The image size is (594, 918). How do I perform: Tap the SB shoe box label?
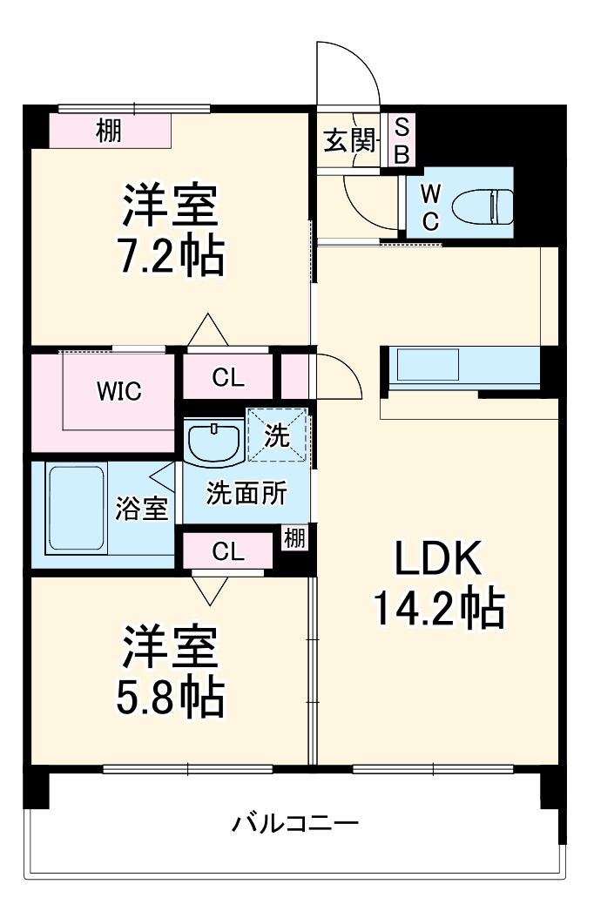coord(402,140)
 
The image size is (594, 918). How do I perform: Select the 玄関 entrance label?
coord(349,140)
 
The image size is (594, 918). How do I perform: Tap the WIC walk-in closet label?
coord(118,391)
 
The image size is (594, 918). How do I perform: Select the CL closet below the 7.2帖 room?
coord(228,378)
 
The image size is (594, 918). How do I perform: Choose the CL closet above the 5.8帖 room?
coord(228,550)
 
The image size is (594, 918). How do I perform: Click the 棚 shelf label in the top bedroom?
coord(109,132)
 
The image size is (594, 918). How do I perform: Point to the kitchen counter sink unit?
coord(427,366)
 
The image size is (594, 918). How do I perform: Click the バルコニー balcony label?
coord(295,823)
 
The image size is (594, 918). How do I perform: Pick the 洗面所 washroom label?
coord(246,493)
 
